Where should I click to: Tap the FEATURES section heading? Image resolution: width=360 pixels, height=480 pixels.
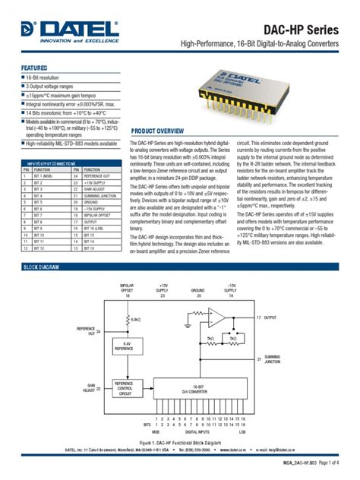coord(34,68)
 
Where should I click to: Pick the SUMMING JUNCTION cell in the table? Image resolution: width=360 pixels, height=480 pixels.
coord(101,195)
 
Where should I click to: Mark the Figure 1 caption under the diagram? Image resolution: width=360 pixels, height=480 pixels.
coord(180,441)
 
